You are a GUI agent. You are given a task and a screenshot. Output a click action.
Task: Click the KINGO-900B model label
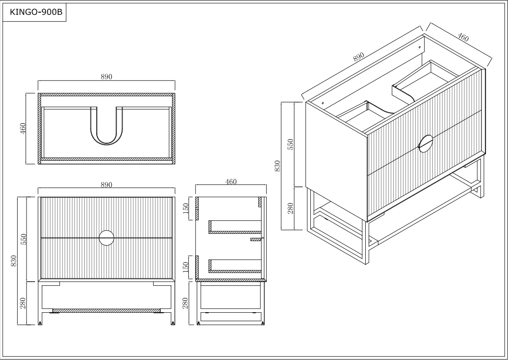pyautogui.click(x=35, y=13)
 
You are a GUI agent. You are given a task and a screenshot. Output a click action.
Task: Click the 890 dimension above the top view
pyautogui.click(x=106, y=77)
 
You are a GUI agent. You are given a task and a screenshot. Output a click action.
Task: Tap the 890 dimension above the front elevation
pyautogui.click(x=106, y=185)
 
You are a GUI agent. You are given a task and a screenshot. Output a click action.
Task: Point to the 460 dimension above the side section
pyautogui.click(x=231, y=182)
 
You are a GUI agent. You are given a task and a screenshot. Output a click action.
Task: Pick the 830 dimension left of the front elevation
pyautogui.click(x=14, y=261)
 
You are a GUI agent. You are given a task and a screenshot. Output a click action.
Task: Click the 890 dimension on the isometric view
pyautogui.click(x=358, y=57)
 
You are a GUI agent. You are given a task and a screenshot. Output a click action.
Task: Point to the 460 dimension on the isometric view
pyautogui.click(x=463, y=37)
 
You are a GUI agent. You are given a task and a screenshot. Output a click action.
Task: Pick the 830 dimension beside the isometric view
pyautogui.click(x=278, y=166)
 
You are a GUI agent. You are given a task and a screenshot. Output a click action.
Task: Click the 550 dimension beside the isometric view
pyautogui.click(x=290, y=144)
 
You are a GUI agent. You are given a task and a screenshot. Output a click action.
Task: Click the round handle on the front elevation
pyautogui.click(x=107, y=237)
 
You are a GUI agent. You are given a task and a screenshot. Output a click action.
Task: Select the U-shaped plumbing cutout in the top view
pyautogui.click(x=107, y=128)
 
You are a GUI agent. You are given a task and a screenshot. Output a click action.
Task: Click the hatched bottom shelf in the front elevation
pyautogui.click(x=106, y=310)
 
